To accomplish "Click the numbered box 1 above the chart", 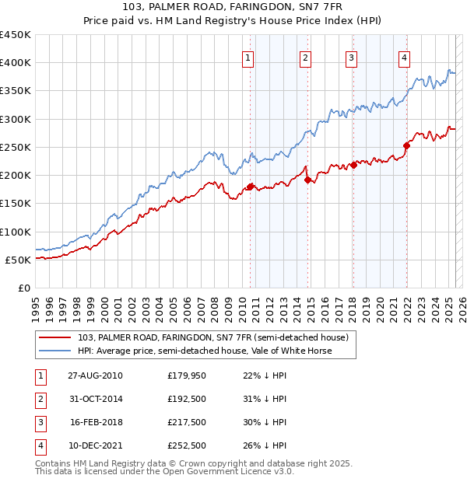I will click(x=248, y=57).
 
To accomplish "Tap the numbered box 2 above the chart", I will click(x=305, y=57).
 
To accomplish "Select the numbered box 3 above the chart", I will click(x=351, y=57).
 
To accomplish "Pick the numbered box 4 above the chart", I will click(x=405, y=57).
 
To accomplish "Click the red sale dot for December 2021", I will click(x=406, y=145).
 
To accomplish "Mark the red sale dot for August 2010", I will click(x=251, y=187).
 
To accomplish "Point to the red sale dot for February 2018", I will click(x=353, y=165).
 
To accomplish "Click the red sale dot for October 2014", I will click(x=308, y=180).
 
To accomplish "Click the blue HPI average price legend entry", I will click(x=204, y=351).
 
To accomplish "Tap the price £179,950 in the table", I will click(x=185, y=375).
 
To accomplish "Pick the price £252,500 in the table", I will click(x=185, y=445).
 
